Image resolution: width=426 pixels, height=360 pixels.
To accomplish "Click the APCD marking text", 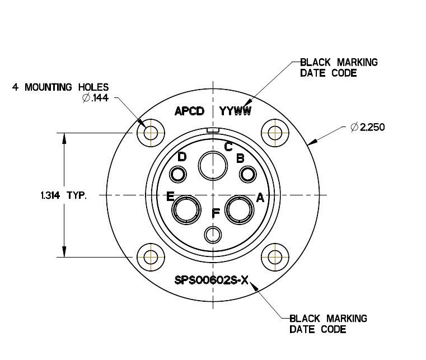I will coord(191,111).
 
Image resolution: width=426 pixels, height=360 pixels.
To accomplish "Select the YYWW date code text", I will coord(236,111).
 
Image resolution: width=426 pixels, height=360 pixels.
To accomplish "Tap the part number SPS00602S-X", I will coord(210,280).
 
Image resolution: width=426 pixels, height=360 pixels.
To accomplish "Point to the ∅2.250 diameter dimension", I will coord(367,127).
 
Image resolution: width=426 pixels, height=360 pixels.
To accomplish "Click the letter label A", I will coord(260,198).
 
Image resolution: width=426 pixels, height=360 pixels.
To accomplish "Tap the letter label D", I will coord(182,157).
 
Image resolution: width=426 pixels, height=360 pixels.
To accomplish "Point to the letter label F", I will coord(216,213).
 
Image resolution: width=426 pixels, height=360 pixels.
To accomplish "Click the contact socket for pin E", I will coord(185,211).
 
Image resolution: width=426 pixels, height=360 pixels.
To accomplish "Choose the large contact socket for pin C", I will coord(213,165).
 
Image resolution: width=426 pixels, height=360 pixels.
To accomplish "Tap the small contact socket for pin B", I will coord(247,175).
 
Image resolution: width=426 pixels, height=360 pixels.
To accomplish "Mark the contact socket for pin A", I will coord(240,211).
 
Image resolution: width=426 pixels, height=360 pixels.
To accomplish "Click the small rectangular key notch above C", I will coord(213,130).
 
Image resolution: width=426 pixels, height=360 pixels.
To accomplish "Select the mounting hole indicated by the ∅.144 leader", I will coord(151,133).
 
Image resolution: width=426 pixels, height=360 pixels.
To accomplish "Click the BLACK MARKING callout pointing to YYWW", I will coord(339,67).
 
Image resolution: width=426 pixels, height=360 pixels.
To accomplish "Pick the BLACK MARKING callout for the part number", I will coord(328,324).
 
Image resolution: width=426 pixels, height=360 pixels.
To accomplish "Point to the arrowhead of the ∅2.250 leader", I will coord(311,143).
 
